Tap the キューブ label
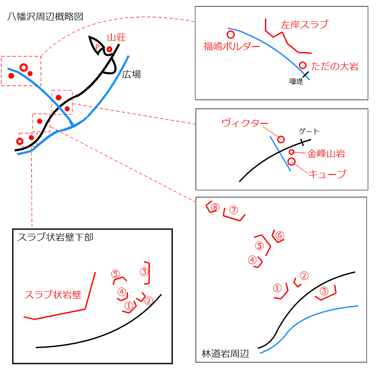(x=327, y=174)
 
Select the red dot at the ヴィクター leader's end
(x=281, y=140)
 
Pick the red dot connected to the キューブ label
(x=292, y=160)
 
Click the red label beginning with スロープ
(x=52, y=294)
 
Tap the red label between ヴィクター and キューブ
(x=316, y=153)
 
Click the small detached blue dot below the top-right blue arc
(x=308, y=79)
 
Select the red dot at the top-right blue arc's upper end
(x=230, y=35)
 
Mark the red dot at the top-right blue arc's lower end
(x=303, y=65)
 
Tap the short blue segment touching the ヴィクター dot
(x=272, y=142)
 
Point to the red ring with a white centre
(x=24, y=67)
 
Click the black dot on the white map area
(x=62, y=105)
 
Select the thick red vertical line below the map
(x=32, y=192)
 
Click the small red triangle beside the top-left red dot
(x=98, y=46)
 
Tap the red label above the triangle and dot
(x=116, y=37)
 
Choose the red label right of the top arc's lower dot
(x=335, y=66)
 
